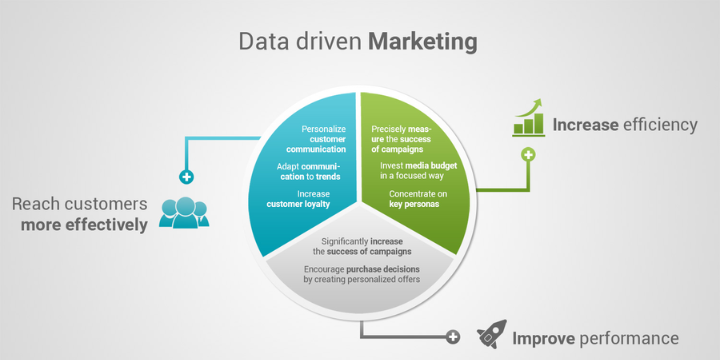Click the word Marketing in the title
[x=423, y=42]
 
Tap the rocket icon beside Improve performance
[x=490, y=334]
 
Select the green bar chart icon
[x=528, y=118]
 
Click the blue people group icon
[x=182, y=210]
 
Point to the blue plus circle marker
[x=186, y=177]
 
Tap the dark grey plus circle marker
[x=452, y=337]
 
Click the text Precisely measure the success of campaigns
[x=403, y=139]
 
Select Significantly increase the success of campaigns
[x=362, y=246]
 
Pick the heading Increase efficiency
[x=625, y=125]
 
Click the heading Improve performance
[x=595, y=338]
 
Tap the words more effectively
[x=84, y=224]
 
